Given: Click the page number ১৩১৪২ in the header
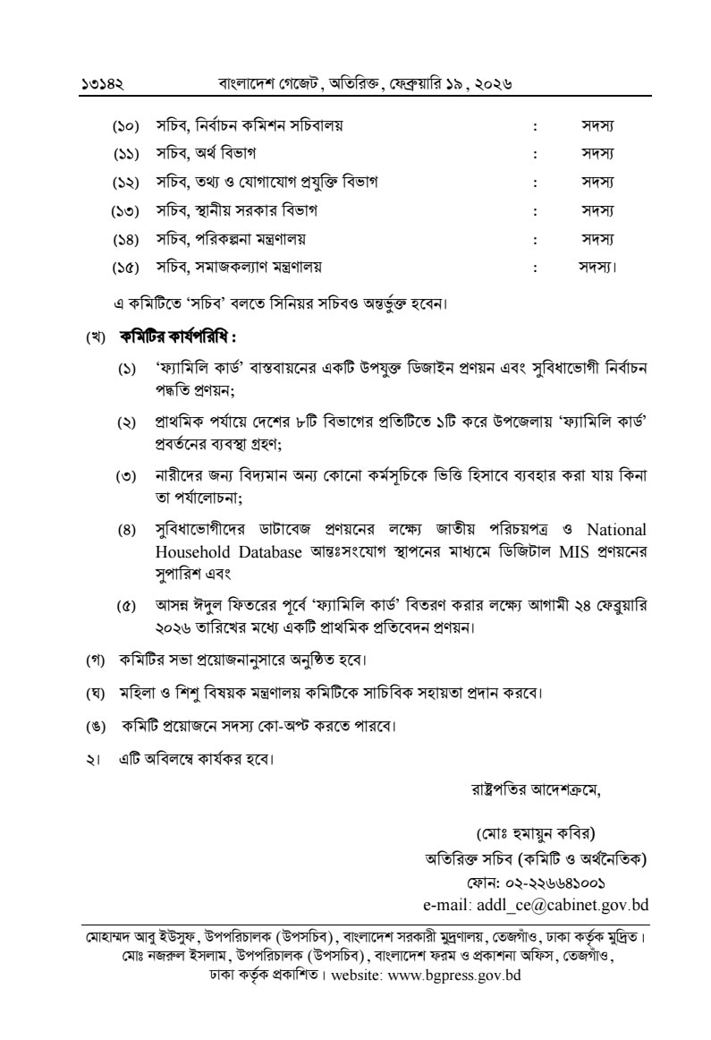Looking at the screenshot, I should click(101, 84).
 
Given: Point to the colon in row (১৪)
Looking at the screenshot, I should click(535, 239).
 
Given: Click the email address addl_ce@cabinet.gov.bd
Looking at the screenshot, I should click(536, 904).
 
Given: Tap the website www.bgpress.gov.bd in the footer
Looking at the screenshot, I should click(454, 976).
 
